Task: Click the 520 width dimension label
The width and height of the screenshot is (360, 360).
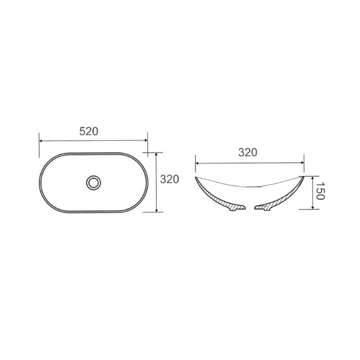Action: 88,131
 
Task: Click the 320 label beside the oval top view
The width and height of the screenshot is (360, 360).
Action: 169,179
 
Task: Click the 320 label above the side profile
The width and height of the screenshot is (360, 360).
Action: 248,152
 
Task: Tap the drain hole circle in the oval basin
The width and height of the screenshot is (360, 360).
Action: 94,183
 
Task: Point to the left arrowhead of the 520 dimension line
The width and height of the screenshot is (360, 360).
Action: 41,141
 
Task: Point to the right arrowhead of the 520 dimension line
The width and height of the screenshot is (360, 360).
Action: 145,140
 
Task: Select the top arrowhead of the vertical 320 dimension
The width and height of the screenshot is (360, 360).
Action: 156,155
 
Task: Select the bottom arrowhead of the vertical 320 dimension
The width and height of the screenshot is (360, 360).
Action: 156,210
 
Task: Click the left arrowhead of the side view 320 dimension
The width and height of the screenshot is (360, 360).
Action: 197,163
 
